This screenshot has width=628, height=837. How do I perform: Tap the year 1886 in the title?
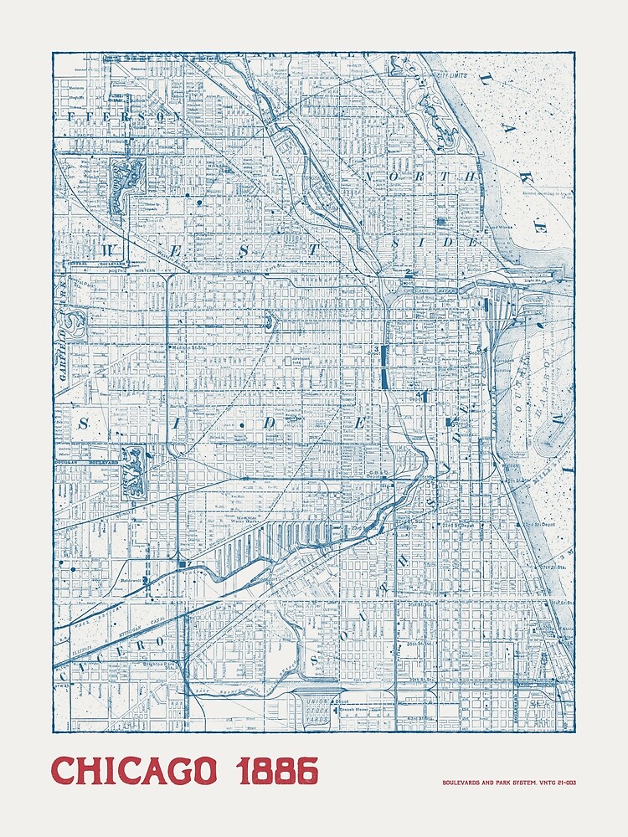[278, 771]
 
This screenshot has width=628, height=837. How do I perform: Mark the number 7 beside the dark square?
[192, 567]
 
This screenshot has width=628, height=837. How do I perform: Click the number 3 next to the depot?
[377, 349]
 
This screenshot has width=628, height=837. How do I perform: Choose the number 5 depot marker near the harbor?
[480, 349]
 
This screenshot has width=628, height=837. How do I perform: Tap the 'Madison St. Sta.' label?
[188, 347]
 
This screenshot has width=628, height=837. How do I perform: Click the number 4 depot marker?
[417, 393]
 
